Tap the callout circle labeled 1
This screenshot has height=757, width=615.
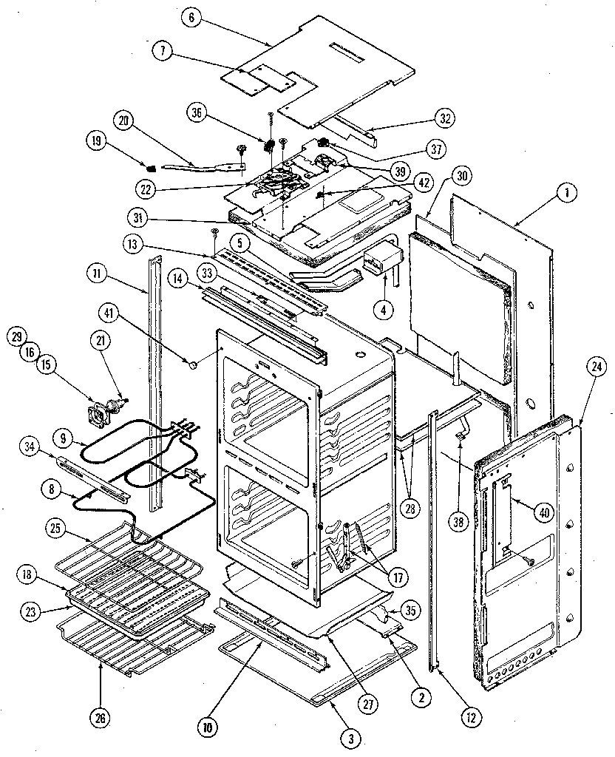click(x=567, y=194)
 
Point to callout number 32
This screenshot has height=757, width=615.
click(x=445, y=118)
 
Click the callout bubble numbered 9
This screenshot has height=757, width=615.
click(x=66, y=438)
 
